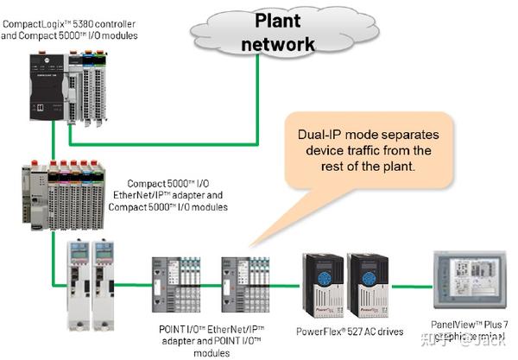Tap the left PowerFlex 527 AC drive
[x=320, y=281]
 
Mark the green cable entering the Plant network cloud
[x=256, y=86]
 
